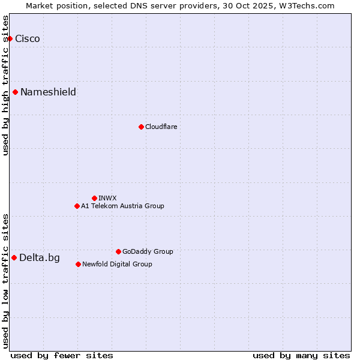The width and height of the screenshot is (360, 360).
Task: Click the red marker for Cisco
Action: [10, 39]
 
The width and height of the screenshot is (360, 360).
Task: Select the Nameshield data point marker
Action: [15, 92]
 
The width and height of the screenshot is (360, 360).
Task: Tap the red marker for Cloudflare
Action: [141, 127]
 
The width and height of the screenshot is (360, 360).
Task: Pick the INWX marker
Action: [94, 198]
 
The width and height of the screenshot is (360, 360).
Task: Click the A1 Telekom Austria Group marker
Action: [77, 206]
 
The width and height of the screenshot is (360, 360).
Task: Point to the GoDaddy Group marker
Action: [118, 251]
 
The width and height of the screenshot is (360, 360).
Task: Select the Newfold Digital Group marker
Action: [78, 264]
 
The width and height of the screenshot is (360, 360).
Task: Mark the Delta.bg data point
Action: [14, 257]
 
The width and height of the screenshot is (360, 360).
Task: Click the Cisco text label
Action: [28, 39]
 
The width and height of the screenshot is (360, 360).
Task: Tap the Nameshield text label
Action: [48, 92]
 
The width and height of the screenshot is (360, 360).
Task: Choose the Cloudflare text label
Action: [161, 127]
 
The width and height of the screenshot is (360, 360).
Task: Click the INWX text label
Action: [107, 198]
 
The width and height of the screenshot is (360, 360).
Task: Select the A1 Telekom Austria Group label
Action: [122, 206]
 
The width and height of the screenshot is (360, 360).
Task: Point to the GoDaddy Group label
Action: [148, 251]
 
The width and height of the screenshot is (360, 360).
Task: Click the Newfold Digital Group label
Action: [117, 264]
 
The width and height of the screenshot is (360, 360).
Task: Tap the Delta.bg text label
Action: [40, 258]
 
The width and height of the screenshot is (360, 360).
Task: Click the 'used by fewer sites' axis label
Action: [62, 355]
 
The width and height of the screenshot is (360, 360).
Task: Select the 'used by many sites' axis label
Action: [301, 355]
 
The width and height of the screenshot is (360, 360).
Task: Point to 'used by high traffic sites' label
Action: [6, 85]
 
